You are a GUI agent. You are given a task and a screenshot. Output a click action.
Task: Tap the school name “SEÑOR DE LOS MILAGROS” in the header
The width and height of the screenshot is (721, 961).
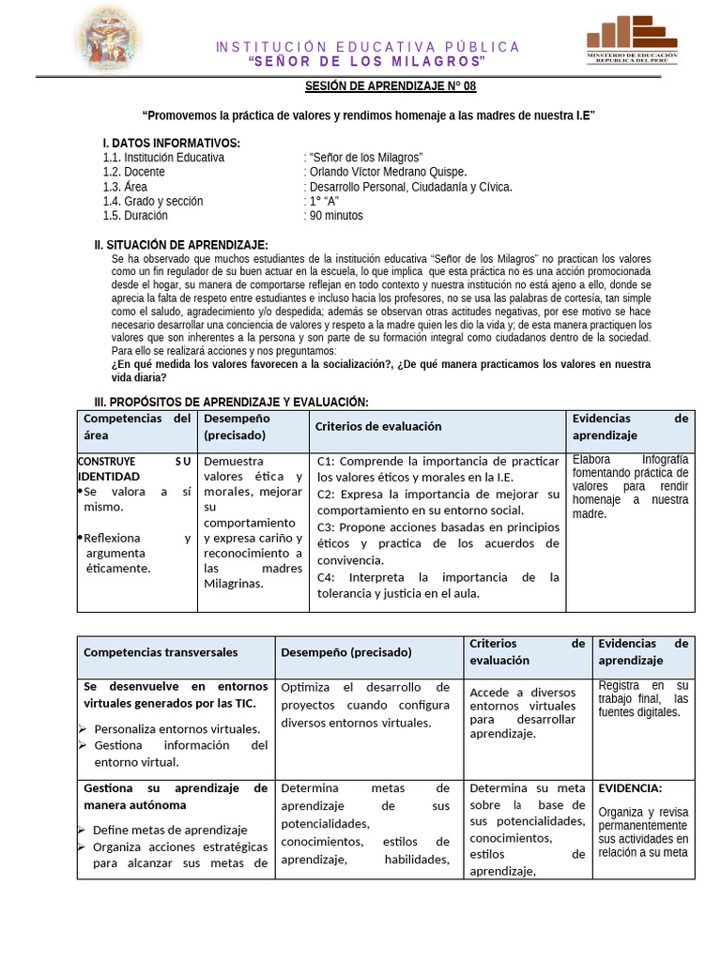point(367,62)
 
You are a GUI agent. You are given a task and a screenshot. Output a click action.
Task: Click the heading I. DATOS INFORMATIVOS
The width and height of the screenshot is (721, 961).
point(171,143)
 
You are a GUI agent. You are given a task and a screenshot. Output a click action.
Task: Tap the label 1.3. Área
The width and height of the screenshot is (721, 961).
point(125,187)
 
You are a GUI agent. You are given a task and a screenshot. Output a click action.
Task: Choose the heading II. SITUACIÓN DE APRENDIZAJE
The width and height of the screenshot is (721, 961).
point(181,245)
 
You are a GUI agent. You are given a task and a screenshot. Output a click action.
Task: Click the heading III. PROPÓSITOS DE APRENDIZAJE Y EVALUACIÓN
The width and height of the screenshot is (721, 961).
point(225,401)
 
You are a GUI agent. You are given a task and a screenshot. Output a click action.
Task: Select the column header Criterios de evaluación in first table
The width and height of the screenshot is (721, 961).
point(378,426)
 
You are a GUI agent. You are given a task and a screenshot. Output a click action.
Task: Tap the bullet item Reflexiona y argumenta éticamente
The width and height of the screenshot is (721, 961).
point(137,553)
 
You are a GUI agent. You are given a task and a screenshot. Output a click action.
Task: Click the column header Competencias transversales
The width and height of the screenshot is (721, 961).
point(161,652)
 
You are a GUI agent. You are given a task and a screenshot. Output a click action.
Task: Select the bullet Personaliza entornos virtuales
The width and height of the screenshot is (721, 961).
point(177,728)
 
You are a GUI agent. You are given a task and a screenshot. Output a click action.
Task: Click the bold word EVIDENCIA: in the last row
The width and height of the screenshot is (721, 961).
point(630,788)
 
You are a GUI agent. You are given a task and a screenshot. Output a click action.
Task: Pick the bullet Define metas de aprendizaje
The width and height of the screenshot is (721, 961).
point(170,830)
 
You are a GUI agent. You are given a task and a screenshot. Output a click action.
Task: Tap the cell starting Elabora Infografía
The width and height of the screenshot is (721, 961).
point(630,486)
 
